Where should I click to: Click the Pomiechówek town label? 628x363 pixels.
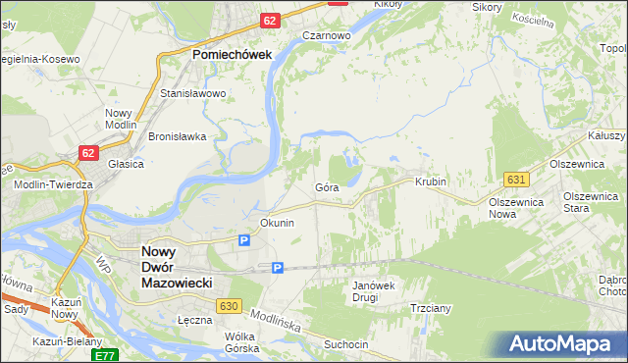click(x=232, y=56)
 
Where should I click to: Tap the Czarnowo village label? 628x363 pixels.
click(x=327, y=35)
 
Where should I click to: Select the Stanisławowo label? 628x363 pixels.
click(x=193, y=94)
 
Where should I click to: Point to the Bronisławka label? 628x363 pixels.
click(x=177, y=136)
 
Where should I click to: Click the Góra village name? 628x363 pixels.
click(x=327, y=186)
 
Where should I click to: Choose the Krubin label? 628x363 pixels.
click(x=431, y=182)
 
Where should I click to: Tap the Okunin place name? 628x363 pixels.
click(x=277, y=223)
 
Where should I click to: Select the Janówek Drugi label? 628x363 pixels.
click(x=373, y=291)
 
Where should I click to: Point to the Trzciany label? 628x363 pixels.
click(x=431, y=307)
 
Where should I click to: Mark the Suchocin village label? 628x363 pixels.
click(x=346, y=344)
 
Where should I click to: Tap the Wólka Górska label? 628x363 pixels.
click(x=240, y=342)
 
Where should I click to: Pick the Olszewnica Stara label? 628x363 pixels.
click(x=590, y=202)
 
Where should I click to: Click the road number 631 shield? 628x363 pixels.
click(x=517, y=179)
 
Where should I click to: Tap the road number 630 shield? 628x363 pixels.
click(x=230, y=307)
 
